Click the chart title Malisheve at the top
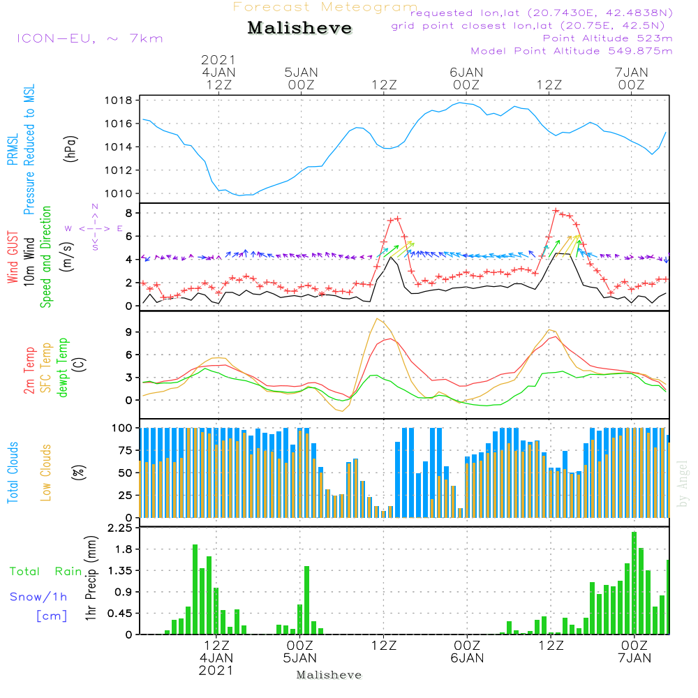click(x=299, y=28)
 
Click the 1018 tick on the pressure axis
click(x=119, y=100)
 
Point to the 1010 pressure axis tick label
click(x=119, y=193)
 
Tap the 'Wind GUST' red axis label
click(x=13, y=257)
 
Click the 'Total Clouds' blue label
click(x=13, y=473)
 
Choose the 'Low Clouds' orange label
click(x=46, y=473)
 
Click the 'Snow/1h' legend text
click(x=38, y=597)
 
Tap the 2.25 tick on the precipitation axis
click(x=120, y=528)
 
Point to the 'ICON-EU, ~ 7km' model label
click(x=90, y=38)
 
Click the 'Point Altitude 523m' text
click(x=608, y=38)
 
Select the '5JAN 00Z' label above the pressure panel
click(x=301, y=79)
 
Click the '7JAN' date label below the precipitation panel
click(x=634, y=658)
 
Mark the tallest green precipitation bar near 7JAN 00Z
click(x=634, y=583)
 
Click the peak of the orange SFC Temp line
click(x=377, y=318)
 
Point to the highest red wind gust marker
click(x=556, y=210)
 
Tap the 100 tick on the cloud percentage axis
click(x=121, y=428)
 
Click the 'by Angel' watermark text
click(x=683, y=484)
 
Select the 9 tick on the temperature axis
click(x=129, y=332)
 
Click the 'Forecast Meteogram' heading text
click(x=325, y=7)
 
